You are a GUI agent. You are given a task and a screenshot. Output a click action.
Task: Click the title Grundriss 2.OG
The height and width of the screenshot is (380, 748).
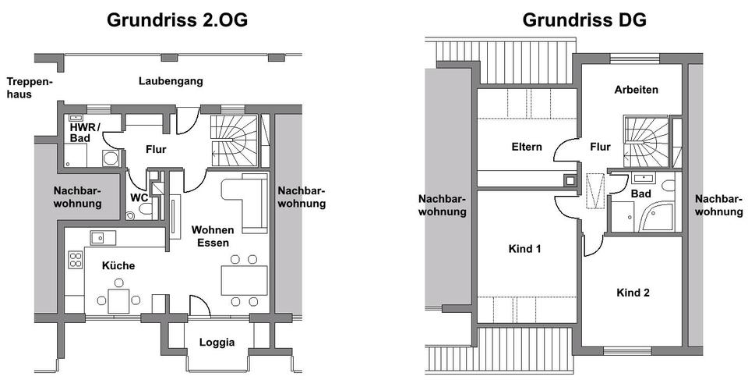click(177, 20)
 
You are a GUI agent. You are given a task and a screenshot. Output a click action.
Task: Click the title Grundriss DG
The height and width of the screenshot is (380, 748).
click(584, 20)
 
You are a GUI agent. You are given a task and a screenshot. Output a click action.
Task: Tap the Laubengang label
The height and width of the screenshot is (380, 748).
click(171, 81)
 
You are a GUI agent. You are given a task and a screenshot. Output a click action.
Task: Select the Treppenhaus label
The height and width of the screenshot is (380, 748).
click(30, 87)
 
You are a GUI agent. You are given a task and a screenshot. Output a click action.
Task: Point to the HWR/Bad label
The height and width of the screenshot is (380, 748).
click(85, 133)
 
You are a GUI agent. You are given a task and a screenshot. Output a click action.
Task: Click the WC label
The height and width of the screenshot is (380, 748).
click(139, 197)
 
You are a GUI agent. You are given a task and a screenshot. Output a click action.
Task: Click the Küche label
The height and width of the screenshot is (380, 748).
click(118, 266)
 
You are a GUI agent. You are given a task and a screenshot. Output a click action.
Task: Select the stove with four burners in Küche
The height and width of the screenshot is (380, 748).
click(76, 260)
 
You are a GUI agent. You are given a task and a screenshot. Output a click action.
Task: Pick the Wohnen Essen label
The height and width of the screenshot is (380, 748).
click(212, 236)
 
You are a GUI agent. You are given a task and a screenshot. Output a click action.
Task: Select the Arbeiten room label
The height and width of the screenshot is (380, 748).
click(636, 90)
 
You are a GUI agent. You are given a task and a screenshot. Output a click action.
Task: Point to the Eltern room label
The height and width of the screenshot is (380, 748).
click(527, 147)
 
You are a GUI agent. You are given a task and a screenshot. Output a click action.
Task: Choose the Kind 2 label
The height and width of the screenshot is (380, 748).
click(633, 293)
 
